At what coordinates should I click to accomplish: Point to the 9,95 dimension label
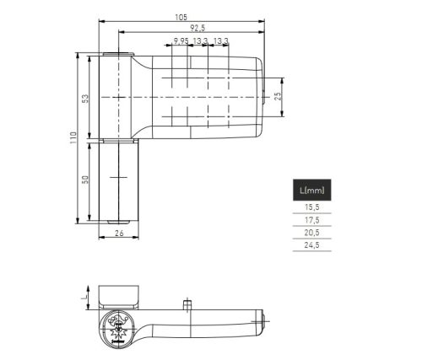(180, 40)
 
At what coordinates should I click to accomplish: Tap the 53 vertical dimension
(85, 98)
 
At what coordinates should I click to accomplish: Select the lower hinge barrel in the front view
(118, 181)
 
